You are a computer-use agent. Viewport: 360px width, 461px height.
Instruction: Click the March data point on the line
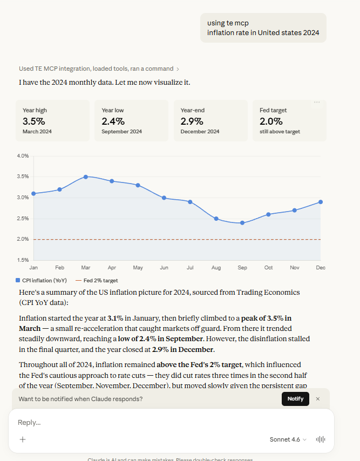click(x=86, y=177)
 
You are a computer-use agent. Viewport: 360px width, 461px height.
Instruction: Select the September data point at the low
click(x=242, y=222)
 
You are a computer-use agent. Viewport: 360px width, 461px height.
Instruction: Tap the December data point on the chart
click(x=321, y=202)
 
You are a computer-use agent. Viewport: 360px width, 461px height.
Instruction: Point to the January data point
click(x=33, y=193)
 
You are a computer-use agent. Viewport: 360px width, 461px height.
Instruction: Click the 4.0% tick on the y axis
click(x=23, y=156)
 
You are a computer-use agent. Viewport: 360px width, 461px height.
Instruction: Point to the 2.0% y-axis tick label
click(x=23, y=239)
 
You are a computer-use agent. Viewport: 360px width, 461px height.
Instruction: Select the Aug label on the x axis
click(x=216, y=268)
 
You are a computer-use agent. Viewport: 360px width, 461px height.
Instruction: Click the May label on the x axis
click(x=138, y=268)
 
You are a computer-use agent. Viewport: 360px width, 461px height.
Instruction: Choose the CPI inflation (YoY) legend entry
click(x=42, y=280)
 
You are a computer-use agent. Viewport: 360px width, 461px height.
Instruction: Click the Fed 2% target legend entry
click(x=97, y=280)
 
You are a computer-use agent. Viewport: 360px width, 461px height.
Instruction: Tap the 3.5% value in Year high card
click(x=34, y=121)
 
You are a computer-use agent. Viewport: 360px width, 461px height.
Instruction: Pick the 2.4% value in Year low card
click(x=113, y=121)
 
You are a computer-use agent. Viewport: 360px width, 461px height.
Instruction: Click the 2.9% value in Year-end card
click(x=192, y=121)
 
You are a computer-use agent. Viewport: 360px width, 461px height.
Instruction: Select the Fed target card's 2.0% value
click(x=271, y=121)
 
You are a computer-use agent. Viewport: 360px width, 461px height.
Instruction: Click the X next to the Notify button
click(x=317, y=399)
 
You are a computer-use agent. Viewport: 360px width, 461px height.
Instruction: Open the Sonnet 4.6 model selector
click(x=288, y=439)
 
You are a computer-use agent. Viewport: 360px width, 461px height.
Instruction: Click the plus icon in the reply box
click(x=23, y=439)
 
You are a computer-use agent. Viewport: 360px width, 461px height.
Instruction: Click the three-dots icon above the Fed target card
click(x=317, y=102)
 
